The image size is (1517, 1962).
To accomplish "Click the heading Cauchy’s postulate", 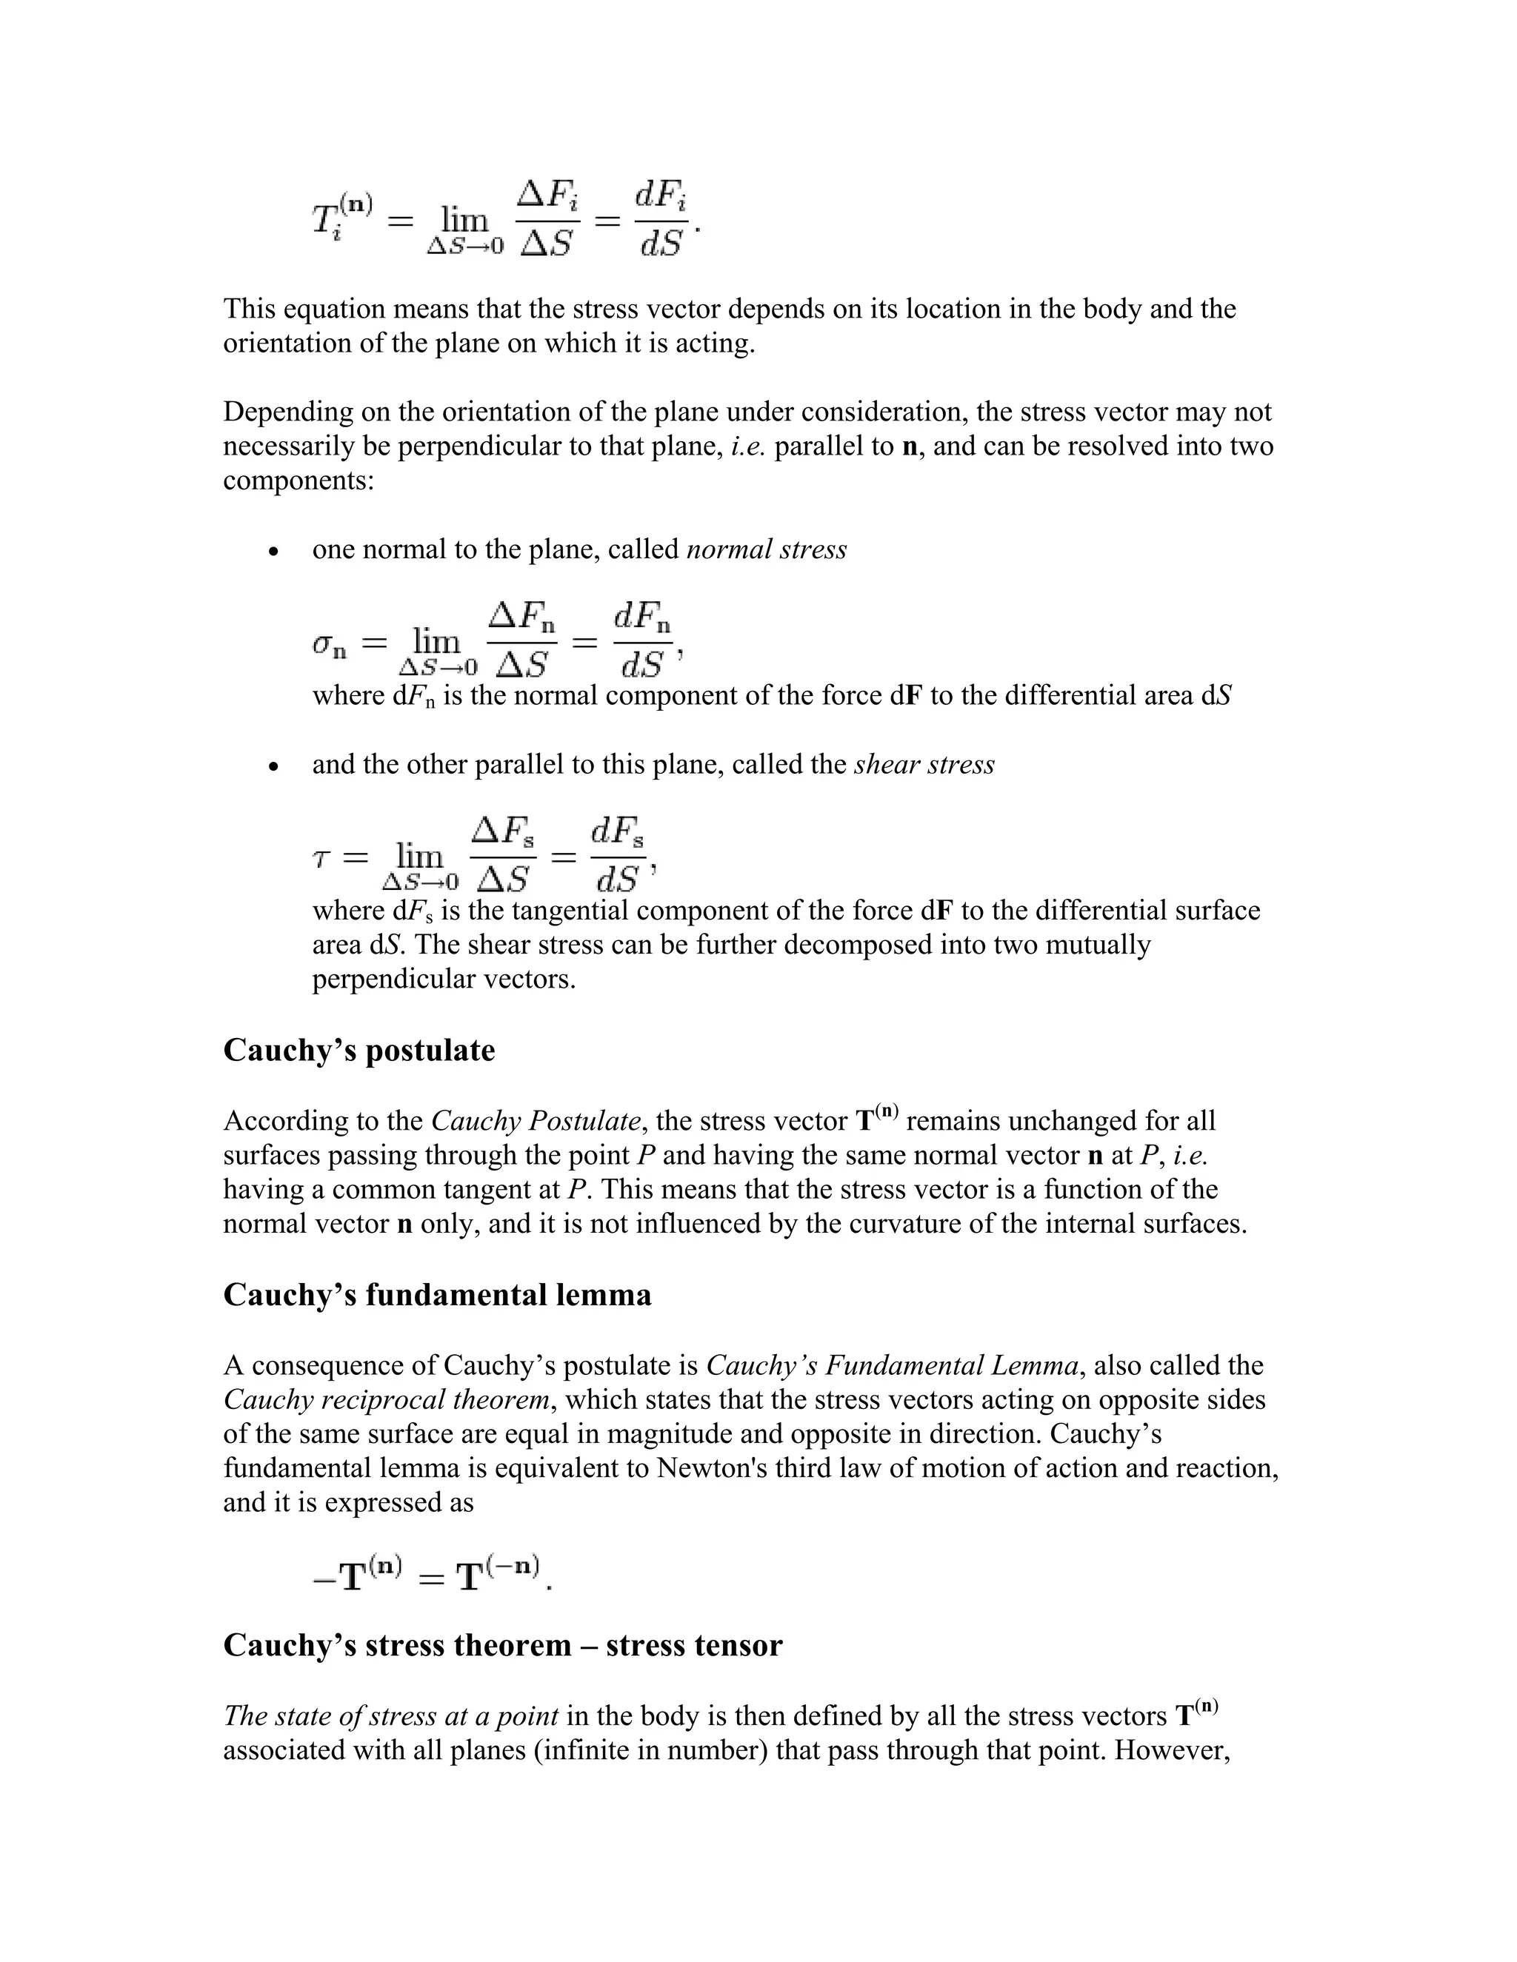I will (x=359, y=1050).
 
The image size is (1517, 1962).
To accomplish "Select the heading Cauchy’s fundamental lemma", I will (x=437, y=1294).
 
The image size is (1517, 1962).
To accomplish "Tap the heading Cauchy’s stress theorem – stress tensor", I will (x=502, y=1645).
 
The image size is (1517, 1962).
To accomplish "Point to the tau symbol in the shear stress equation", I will (x=321, y=859).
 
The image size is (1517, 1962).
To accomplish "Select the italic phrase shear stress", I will (x=924, y=765).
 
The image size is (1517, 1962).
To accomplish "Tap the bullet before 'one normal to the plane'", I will (x=275, y=551).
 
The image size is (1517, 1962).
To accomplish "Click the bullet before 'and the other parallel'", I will (x=275, y=766).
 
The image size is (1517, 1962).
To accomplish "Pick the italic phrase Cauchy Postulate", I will (x=536, y=1121).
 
